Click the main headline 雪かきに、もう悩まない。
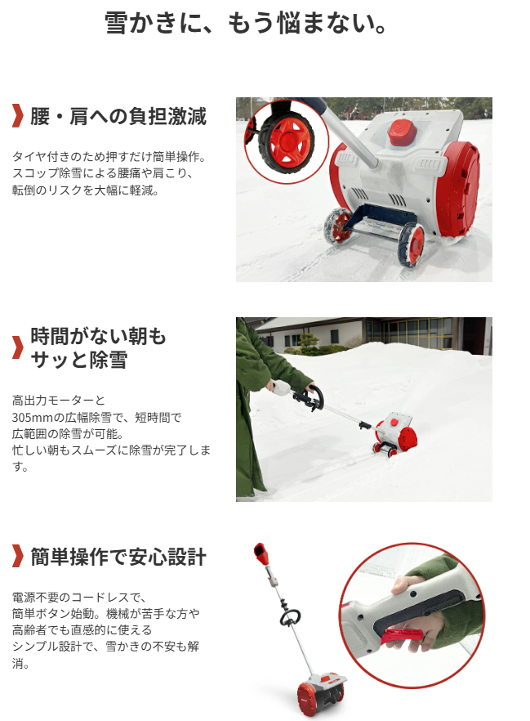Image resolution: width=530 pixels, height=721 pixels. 246,23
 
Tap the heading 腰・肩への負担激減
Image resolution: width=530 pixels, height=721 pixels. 118,116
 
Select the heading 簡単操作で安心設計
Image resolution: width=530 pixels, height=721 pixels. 118,557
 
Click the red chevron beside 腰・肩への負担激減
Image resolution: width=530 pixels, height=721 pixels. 17,116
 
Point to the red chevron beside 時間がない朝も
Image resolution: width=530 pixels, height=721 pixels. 17,347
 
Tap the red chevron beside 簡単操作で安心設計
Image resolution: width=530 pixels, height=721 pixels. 17,557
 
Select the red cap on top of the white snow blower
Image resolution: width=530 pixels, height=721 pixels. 403,132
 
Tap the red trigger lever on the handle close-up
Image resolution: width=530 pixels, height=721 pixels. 402,638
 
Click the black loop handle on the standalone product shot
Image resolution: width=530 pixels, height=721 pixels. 290,616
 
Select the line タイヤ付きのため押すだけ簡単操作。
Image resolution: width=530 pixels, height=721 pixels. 109,157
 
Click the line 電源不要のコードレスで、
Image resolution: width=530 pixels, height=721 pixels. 79,598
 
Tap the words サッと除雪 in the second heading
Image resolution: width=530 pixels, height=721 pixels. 79,360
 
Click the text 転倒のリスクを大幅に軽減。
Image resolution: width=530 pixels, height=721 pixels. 86,190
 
